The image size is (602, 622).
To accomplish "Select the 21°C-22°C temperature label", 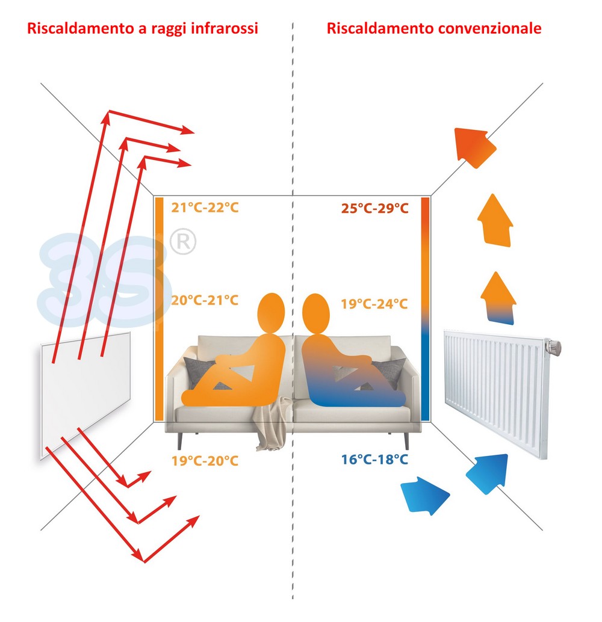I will coord(205,208).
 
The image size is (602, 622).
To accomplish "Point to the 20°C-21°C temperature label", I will coord(205,300).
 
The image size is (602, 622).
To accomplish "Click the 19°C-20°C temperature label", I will coord(205,461).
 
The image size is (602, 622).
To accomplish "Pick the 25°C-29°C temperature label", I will coord(374,209).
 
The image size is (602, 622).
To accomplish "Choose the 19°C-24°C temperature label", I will coord(374,304).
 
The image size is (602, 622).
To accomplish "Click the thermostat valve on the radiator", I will coord(553,346).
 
